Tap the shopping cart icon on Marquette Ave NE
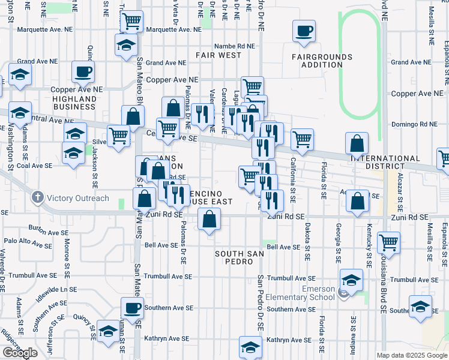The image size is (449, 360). pyautogui.click(x=131, y=22)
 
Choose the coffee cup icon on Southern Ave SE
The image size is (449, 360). pyautogui.click(x=132, y=308)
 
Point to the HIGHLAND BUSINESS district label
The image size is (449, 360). pyautogui.click(x=74, y=103)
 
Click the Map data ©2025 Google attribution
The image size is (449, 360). pyautogui.click(x=412, y=355)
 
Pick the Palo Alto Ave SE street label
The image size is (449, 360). pyautogui.click(x=28, y=242)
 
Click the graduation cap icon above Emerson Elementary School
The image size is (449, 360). pyautogui.click(x=351, y=279)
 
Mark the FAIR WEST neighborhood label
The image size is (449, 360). pyautogui.click(x=218, y=55)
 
